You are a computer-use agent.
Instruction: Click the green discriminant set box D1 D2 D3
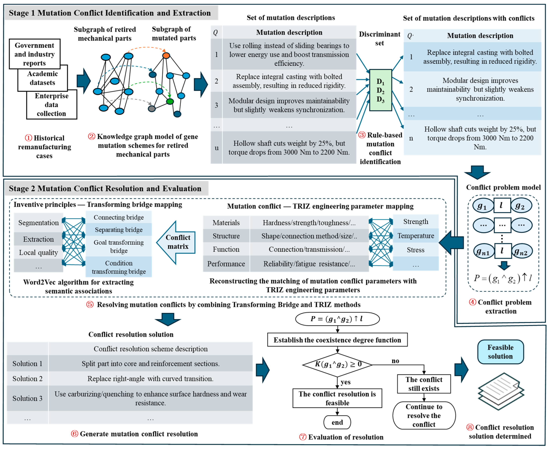(380, 90)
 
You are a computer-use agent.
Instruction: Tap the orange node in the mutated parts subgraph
(166, 55)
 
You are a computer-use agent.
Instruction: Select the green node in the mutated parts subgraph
(170, 101)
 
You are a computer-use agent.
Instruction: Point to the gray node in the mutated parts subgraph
(152, 109)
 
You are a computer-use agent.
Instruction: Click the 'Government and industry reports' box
(34, 54)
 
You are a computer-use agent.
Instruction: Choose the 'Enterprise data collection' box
(52, 105)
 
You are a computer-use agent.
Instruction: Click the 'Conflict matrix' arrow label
(178, 242)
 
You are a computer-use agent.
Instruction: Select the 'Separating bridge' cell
(118, 230)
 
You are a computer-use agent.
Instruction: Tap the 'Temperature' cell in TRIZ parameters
(416, 236)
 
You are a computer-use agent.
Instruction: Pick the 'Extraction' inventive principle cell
(38, 239)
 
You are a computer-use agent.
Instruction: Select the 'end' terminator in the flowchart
(337, 422)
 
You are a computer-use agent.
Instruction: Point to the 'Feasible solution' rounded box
(500, 352)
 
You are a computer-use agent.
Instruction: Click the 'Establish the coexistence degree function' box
(337, 340)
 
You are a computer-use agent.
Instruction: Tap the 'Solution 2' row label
(27, 378)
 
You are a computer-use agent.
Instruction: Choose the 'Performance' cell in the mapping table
(226, 264)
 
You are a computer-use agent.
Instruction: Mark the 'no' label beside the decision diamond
(395, 361)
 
